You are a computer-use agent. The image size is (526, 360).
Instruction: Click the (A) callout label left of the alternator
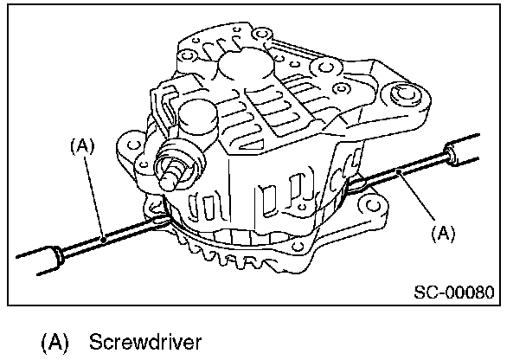click(x=80, y=148)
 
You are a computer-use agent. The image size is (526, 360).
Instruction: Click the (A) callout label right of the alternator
click(x=442, y=232)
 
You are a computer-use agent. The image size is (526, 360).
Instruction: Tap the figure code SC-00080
click(x=452, y=292)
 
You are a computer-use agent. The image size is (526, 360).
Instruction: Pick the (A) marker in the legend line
click(x=55, y=340)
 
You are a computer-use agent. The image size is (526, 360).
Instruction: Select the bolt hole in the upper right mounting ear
click(x=402, y=95)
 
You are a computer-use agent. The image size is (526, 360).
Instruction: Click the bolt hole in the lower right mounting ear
click(x=375, y=207)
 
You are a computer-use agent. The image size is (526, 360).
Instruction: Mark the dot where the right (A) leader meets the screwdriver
click(x=399, y=174)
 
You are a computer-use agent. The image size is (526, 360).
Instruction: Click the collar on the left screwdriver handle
click(x=58, y=253)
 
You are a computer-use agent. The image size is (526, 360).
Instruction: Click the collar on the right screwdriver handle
click(x=448, y=155)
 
